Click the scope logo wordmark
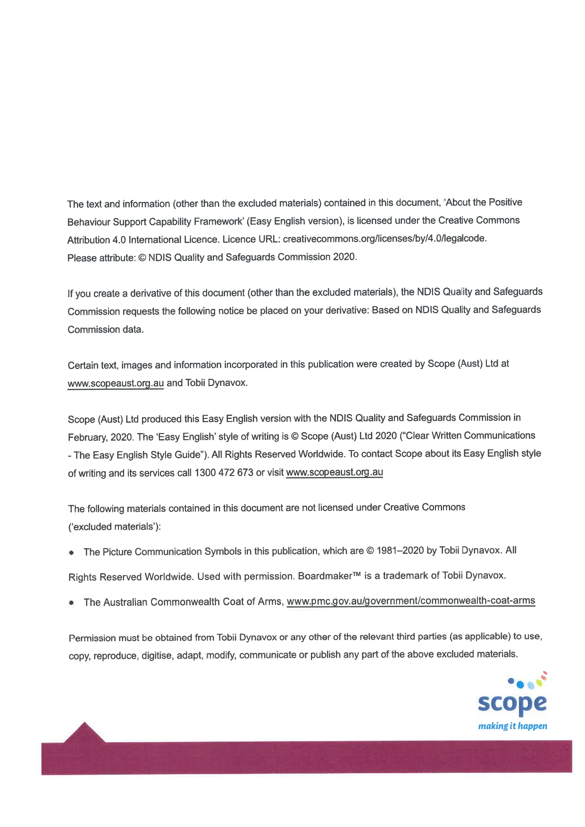[x=512, y=704]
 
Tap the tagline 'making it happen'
[x=512, y=726]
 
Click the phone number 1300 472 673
[x=224, y=473]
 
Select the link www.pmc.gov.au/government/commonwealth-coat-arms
[x=410, y=601]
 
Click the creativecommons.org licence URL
[x=384, y=239]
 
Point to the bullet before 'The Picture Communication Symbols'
[x=71, y=552]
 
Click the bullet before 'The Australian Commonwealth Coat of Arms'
[x=71, y=602]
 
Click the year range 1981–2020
[x=400, y=551]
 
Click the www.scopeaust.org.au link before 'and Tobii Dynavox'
[x=116, y=383]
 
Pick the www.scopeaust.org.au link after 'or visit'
[x=334, y=472]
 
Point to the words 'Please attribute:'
[x=101, y=258]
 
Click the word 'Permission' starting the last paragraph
[x=92, y=638]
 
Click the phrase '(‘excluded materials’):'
[x=114, y=527]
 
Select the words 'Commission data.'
[x=105, y=330]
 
